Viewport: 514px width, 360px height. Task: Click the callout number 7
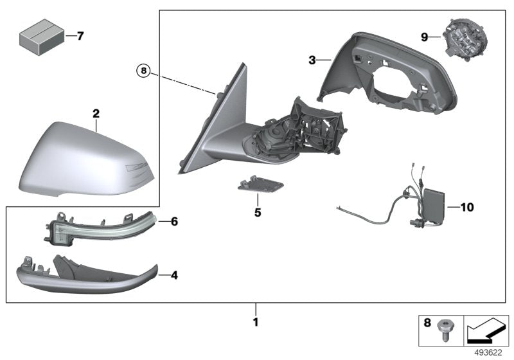(x=80, y=36)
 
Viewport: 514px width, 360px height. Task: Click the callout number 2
(x=96, y=114)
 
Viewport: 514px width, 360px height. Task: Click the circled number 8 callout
(x=143, y=71)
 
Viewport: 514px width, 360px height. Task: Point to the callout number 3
(x=312, y=60)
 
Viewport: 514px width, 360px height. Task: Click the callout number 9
(x=425, y=37)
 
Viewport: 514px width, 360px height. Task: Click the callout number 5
(x=257, y=211)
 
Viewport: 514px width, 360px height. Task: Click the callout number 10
(x=466, y=207)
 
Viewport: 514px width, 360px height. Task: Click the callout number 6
(x=174, y=221)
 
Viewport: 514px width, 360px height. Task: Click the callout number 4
(x=174, y=275)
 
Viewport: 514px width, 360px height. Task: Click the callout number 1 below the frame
(x=255, y=322)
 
